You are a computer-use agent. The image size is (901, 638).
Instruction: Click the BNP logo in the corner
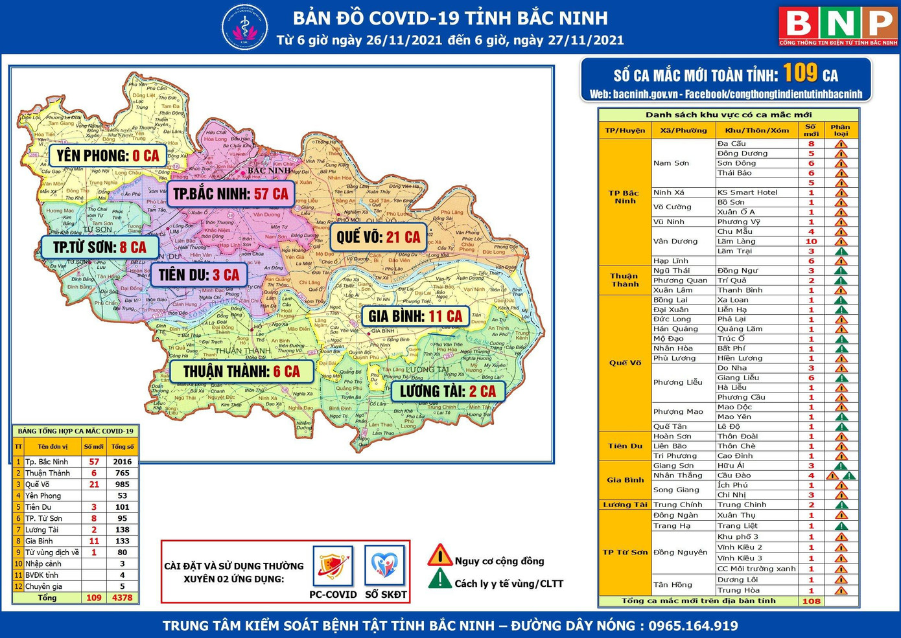(838, 26)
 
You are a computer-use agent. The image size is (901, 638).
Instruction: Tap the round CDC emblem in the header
(244, 28)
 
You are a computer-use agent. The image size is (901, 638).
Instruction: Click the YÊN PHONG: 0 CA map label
(108, 156)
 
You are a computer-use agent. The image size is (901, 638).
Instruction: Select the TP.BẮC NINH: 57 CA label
(230, 194)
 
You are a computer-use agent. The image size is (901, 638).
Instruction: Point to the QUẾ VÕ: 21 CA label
(378, 237)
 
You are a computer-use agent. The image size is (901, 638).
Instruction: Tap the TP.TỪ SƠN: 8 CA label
(99, 247)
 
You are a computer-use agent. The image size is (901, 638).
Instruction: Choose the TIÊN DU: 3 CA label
(198, 275)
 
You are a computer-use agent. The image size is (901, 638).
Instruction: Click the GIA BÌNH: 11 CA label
(415, 316)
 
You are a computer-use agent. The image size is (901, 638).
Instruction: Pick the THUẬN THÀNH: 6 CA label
(241, 372)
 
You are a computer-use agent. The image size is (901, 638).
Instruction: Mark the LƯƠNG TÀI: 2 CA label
(447, 391)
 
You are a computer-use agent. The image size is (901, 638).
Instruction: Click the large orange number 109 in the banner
(800, 73)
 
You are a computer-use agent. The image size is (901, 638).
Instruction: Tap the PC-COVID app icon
(333, 565)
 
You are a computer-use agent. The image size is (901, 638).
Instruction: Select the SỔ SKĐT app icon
(385, 565)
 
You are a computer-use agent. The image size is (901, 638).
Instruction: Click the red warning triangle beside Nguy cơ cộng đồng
(439, 556)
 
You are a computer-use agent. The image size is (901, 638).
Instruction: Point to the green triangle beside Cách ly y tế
(439, 578)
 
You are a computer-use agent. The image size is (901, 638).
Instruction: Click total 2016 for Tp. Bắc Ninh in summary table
(122, 462)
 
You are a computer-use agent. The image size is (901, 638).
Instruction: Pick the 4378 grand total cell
(122, 598)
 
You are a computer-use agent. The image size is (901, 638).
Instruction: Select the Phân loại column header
(840, 130)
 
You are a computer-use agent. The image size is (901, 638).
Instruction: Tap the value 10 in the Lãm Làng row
(811, 242)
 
